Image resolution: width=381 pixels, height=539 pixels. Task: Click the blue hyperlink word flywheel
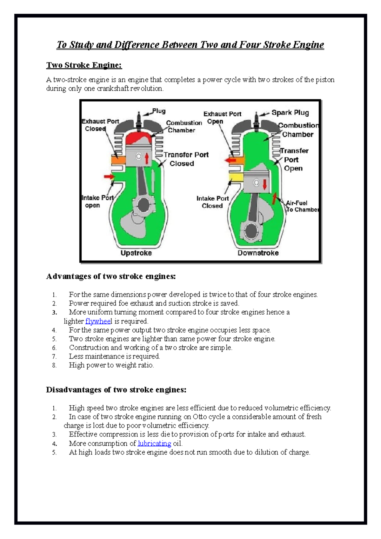(x=98, y=321)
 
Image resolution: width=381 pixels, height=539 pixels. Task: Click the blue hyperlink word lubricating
(x=154, y=443)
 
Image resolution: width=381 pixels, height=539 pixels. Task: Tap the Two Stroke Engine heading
(x=84, y=65)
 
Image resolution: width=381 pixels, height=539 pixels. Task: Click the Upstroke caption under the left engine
(x=136, y=253)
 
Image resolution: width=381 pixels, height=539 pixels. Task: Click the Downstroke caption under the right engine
(x=258, y=253)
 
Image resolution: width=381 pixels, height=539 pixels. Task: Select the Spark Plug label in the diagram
(x=290, y=113)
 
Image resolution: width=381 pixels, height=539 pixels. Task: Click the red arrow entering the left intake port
(x=109, y=176)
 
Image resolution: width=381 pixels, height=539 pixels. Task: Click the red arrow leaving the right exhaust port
(x=230, y=160)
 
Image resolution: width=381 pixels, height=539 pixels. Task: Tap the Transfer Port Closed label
(x=186, y=159)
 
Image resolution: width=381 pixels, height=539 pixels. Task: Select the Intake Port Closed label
(x=212, y=202)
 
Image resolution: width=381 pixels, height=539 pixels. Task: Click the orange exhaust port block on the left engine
(x=118, y=160)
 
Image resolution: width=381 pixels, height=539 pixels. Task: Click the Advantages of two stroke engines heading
(x=111, y=276)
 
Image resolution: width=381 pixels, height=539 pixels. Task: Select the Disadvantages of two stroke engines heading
(x=116, y=390)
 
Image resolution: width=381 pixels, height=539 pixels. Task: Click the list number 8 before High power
(x=54, y=366)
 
